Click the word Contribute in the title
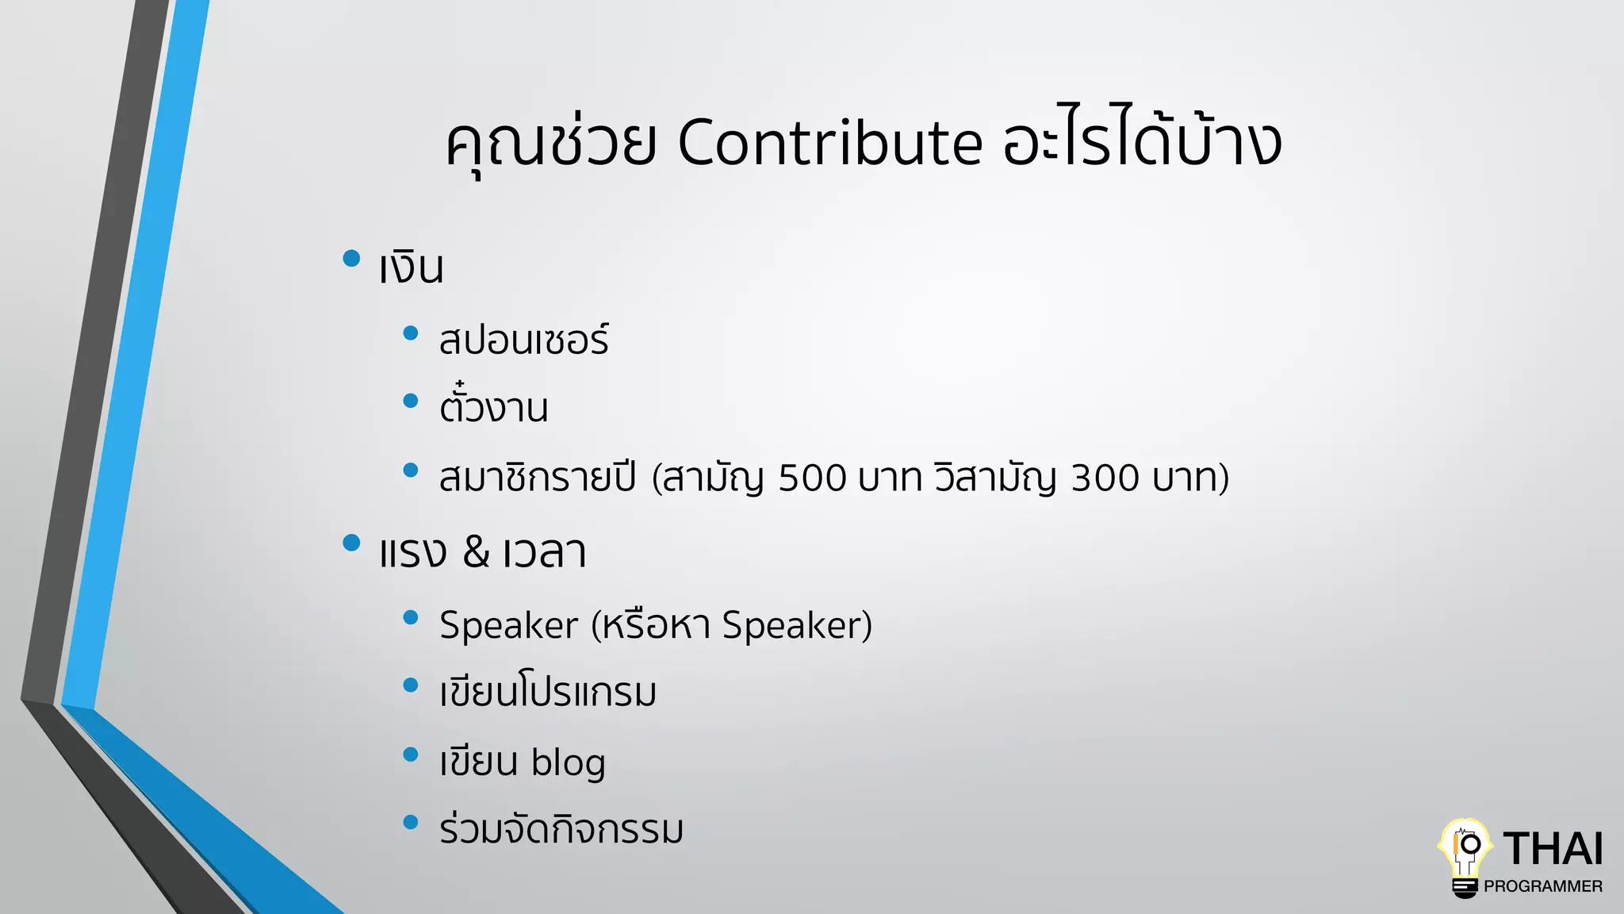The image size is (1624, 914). click(x=829, y=144)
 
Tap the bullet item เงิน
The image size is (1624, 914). click(x=411, y=268)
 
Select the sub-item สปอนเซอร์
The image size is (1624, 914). click(x=524, y=340)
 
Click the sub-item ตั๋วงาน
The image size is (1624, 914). click(x=493, y=408)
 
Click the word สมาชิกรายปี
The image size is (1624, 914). click(x=538, y=478)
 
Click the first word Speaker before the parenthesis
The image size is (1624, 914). click(x=508, y=625)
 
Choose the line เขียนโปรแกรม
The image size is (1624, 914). click(x=548, y=692)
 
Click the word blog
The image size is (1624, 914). click(x=568, y=762)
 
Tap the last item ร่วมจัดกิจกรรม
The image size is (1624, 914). click(x=561, y=830)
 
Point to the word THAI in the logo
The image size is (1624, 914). click(x=1553, y=849)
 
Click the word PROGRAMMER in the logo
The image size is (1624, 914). click(x=1542, y=886)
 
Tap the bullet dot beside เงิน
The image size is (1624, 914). click(x=351, y=258)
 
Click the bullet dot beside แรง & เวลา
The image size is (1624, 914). click(x=351, y=543)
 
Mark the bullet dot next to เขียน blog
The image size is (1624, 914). click(x=410, y=754)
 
